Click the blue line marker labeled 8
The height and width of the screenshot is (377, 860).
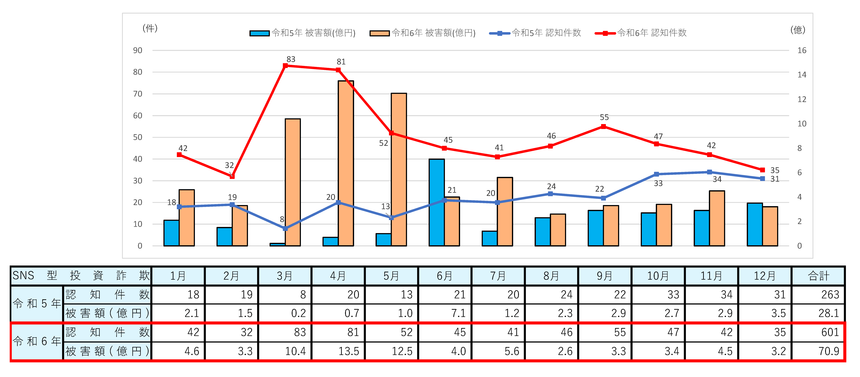[x=285, y=228]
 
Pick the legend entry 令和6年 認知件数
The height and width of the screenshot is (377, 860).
[x=641, y=33]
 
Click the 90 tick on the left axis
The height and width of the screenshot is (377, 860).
[x=138, y=50]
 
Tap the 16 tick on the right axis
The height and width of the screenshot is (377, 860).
[x=802, y=50]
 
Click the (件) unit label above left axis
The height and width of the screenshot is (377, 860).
[x=150, y=28]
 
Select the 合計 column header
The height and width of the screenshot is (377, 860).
[x=818, y=276]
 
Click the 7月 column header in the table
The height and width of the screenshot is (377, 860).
[x=498, y=276]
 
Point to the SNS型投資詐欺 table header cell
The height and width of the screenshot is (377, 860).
[x=81, y=276]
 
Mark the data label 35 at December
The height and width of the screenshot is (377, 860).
[x=775, y=170]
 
